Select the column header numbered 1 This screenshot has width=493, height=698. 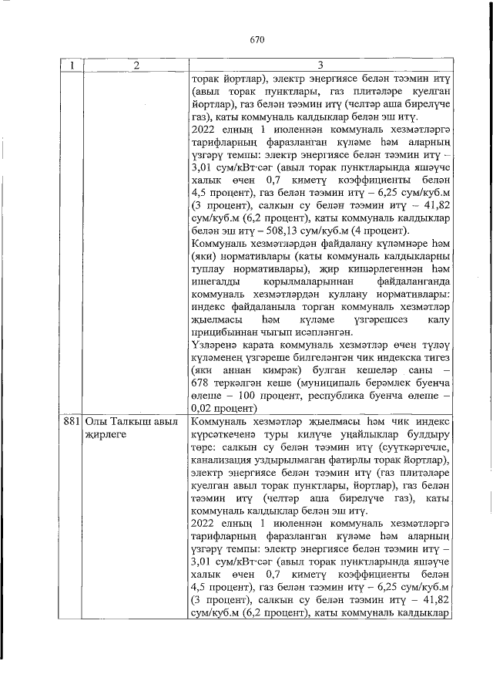pos(70,66)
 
